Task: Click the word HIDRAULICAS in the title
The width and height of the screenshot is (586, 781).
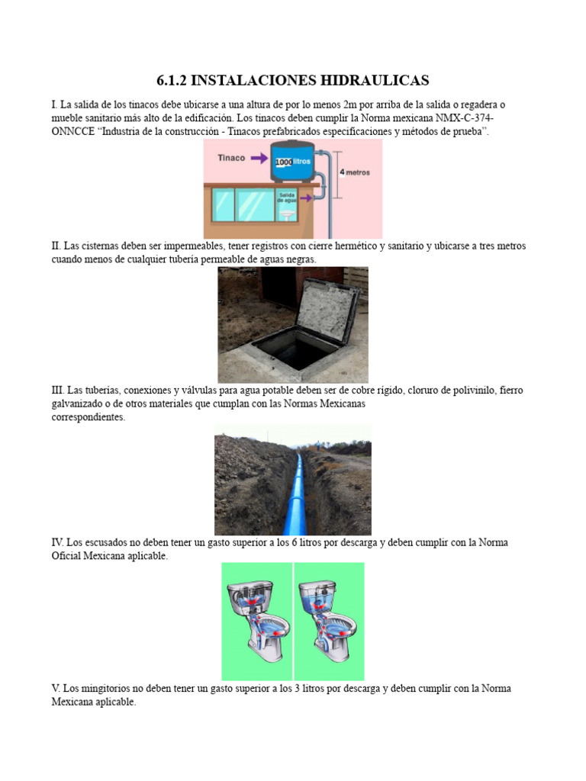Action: tap(367, 80)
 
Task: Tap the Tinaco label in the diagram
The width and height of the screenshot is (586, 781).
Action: tap(231, 159)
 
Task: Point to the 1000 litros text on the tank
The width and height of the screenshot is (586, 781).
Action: tap(294, 162)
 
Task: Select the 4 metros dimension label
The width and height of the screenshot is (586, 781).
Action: tap(354, 172)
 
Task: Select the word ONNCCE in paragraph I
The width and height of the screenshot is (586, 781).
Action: tap(72, 132)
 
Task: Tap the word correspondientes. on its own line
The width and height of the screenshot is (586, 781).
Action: tap(89, 417)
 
